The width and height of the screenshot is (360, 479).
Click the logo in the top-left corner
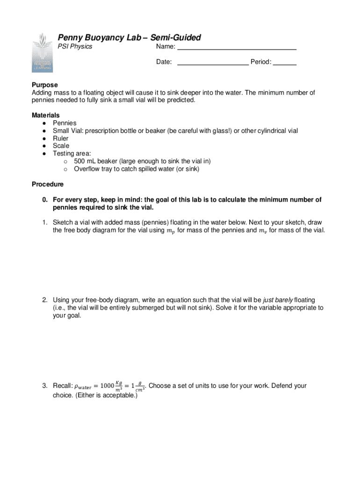42,52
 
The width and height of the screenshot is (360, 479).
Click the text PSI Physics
75,46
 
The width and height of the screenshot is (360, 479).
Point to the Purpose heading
45,85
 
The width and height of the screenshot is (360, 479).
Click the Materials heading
46,115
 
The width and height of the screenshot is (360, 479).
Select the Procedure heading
48,184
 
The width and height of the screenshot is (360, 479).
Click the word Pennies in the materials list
65,123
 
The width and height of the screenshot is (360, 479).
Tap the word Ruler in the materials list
61,138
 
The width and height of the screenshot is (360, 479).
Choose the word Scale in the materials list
61,146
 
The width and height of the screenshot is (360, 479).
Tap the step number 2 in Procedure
45,300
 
